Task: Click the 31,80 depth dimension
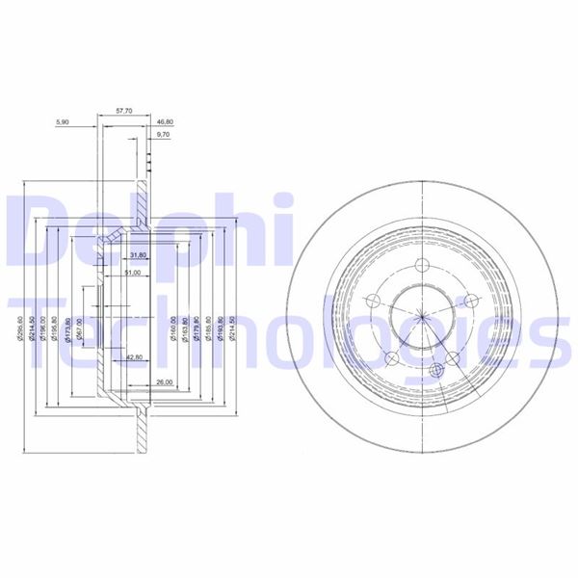tap(137, 255)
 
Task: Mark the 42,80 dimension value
tap(135, 357)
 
